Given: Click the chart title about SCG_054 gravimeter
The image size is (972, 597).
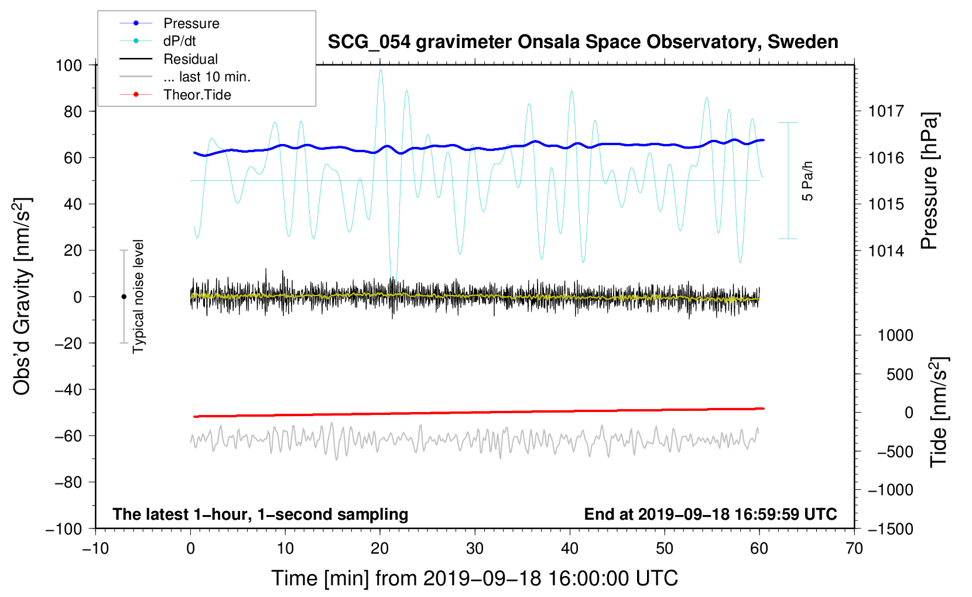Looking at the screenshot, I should [x=583, y=42].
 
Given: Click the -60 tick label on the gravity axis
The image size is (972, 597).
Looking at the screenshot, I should [x=68, y=436].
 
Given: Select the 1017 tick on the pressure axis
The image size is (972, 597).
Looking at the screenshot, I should [x=886, y=111].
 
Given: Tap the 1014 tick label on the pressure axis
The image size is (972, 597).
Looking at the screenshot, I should [x=886, y=251].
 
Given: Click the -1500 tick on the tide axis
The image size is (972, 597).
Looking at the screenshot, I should [x=891, y=529].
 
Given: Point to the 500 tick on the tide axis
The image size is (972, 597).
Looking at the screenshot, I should [x=900, y=374].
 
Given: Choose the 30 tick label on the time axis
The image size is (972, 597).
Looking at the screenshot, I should [x=475, y=549].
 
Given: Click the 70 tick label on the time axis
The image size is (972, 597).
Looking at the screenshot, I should [x=854, y=549].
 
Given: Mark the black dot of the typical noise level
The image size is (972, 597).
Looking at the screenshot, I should [x=124, y=297].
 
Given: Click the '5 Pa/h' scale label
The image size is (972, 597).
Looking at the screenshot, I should [x=807, y=181].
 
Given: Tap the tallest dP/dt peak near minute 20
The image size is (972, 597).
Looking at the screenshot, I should [x=381, y=70].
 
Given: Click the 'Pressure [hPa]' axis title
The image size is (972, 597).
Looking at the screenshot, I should [x=929, y=181].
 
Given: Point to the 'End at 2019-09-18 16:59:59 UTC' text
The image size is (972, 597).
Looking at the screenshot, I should [x=710, y=514].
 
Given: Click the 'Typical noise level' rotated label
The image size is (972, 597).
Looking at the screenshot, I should [x=138, y=297].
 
